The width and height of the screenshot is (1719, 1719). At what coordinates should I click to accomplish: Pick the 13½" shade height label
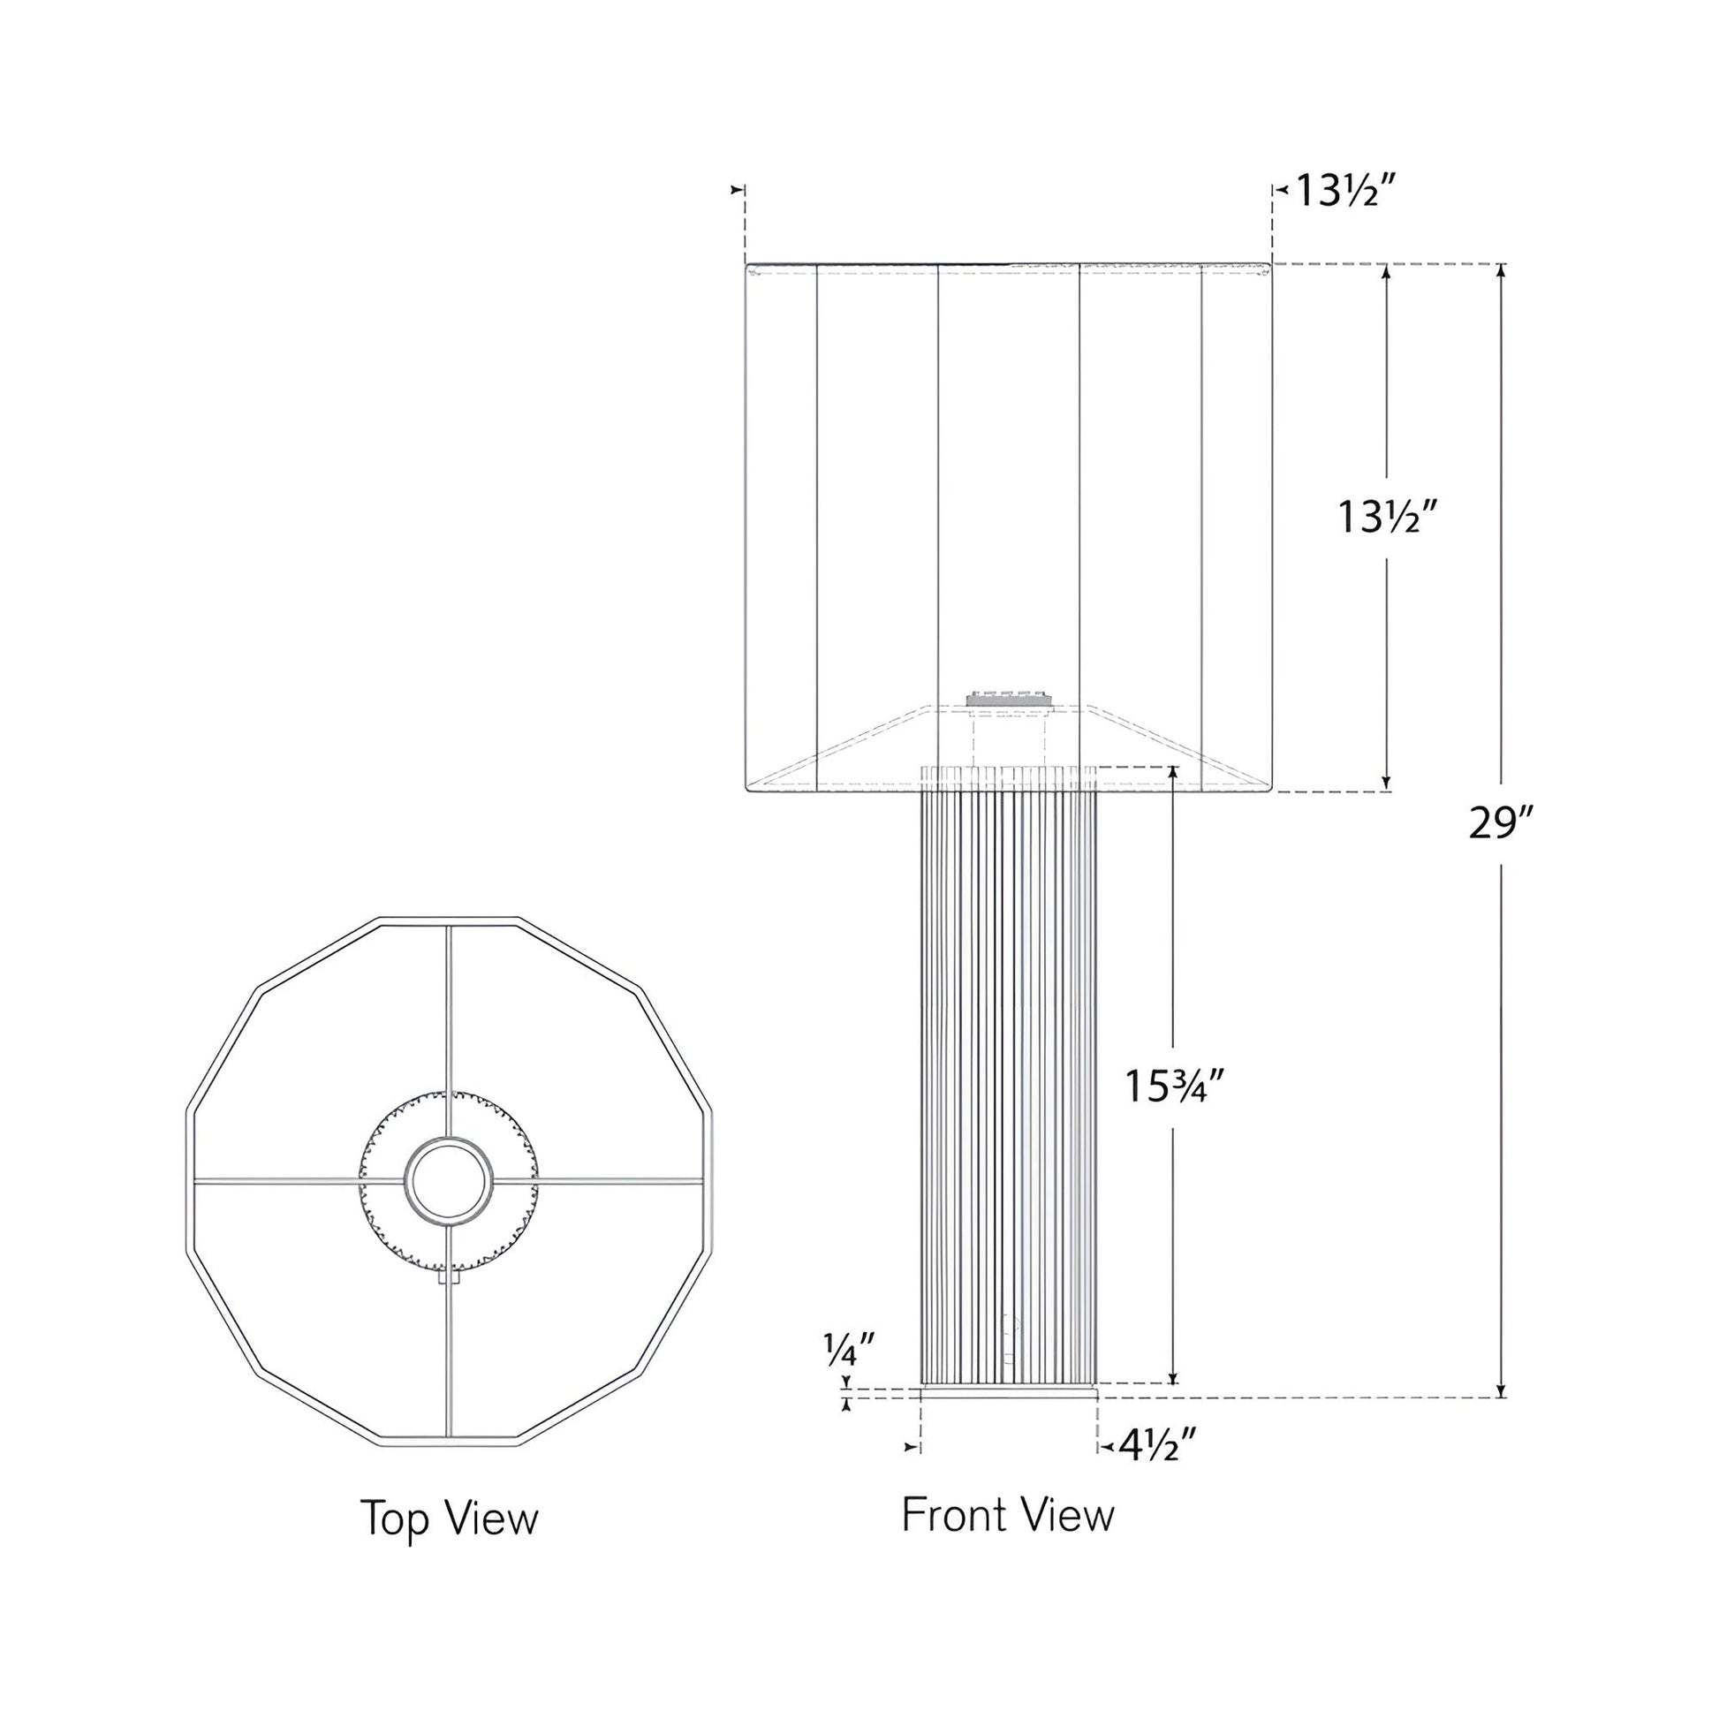(x=1388, y=518)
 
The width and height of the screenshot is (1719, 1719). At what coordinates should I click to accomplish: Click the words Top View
(x=450, y=1518)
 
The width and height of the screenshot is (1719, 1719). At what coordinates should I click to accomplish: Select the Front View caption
(x=1007, y=1515)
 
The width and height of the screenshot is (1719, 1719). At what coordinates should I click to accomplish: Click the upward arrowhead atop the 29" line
(x=1500, y=270)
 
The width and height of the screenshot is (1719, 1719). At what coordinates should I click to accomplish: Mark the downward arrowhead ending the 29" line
(x=1500, y=1416)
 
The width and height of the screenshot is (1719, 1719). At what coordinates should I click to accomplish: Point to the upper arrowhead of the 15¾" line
(x=1173, y=772)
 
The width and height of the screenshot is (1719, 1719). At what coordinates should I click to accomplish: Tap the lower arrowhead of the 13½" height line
(x=1385, y=784)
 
